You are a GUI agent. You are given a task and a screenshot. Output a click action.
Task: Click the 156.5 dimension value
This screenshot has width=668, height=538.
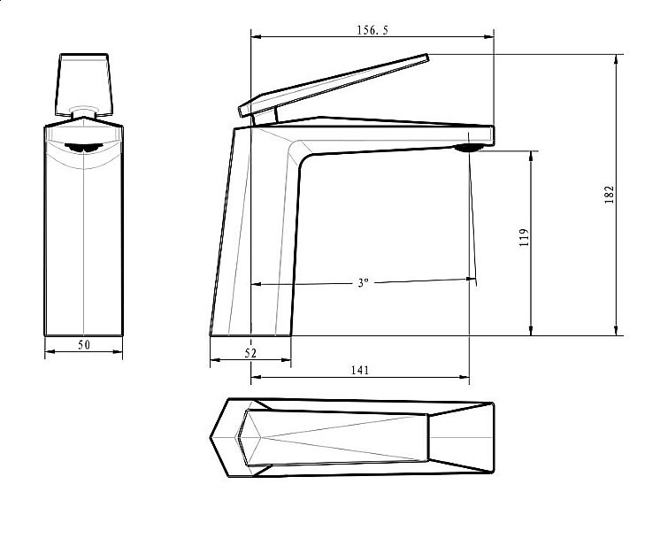coord(372,30)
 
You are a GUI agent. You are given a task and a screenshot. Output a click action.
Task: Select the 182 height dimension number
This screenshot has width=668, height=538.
coord(610,195)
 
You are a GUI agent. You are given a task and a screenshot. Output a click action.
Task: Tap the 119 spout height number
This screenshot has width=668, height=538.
coord(524,237)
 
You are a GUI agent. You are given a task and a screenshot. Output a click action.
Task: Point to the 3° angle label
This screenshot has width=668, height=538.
coord(363,283)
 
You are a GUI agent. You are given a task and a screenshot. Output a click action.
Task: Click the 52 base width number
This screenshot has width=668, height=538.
coord(251,353)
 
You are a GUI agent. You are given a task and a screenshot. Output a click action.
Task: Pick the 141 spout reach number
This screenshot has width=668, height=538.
coord(360,370)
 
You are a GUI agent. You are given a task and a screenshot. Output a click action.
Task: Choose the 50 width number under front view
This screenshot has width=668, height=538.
coord(84,344)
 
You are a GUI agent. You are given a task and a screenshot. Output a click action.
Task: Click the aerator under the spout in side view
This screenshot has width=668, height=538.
coord(469,148)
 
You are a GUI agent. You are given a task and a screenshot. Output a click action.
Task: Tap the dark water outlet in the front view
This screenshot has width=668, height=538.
coord(84,148)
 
